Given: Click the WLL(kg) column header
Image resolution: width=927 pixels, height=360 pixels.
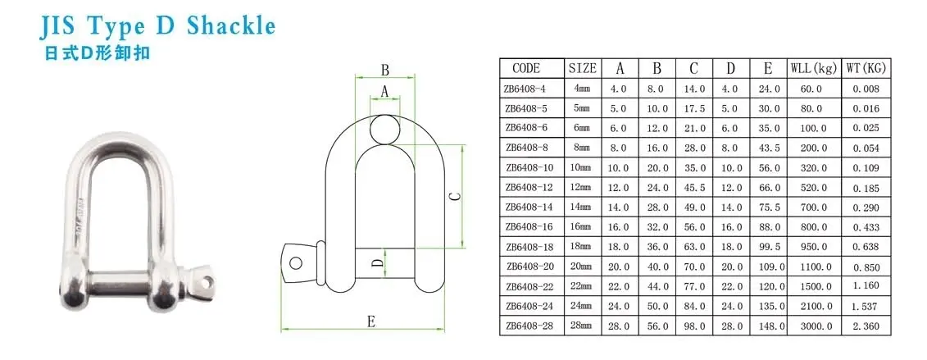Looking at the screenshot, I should point(813,68).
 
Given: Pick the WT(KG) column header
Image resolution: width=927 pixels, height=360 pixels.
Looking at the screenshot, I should point(866,68).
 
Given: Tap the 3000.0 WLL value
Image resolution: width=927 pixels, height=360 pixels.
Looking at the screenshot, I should point(813,326).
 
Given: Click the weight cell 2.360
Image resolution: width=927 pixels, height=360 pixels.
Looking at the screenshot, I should point(866,326).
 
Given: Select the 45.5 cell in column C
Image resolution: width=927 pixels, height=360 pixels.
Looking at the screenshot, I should point(694,188).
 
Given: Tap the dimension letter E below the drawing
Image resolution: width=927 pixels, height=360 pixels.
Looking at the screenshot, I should point(371,322).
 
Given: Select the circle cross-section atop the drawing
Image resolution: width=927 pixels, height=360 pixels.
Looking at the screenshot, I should point(384,128).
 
